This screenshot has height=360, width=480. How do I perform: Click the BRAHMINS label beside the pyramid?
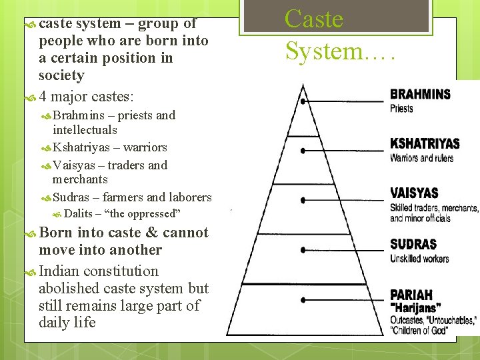tap(420, 94)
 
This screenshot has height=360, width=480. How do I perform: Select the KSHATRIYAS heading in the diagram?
tap(425, 144)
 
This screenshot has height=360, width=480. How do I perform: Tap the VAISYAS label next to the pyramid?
tap(414, 193)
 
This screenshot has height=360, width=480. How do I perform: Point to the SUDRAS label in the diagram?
tap(413, 245)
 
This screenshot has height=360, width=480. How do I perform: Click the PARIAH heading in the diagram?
tap(411, 295)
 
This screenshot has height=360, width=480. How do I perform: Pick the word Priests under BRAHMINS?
tap(401, 108)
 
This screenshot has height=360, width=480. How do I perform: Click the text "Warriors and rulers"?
tap(421, 158)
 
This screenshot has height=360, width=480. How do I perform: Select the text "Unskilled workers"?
tap(419, 259)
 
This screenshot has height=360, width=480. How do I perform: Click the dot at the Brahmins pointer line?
tap(303, 101)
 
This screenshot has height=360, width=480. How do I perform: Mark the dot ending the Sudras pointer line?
tap(303, 250)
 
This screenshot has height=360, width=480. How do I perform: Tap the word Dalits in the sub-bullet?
tap(78, 214)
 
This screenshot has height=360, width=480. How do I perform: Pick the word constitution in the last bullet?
tap(119, 271)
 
